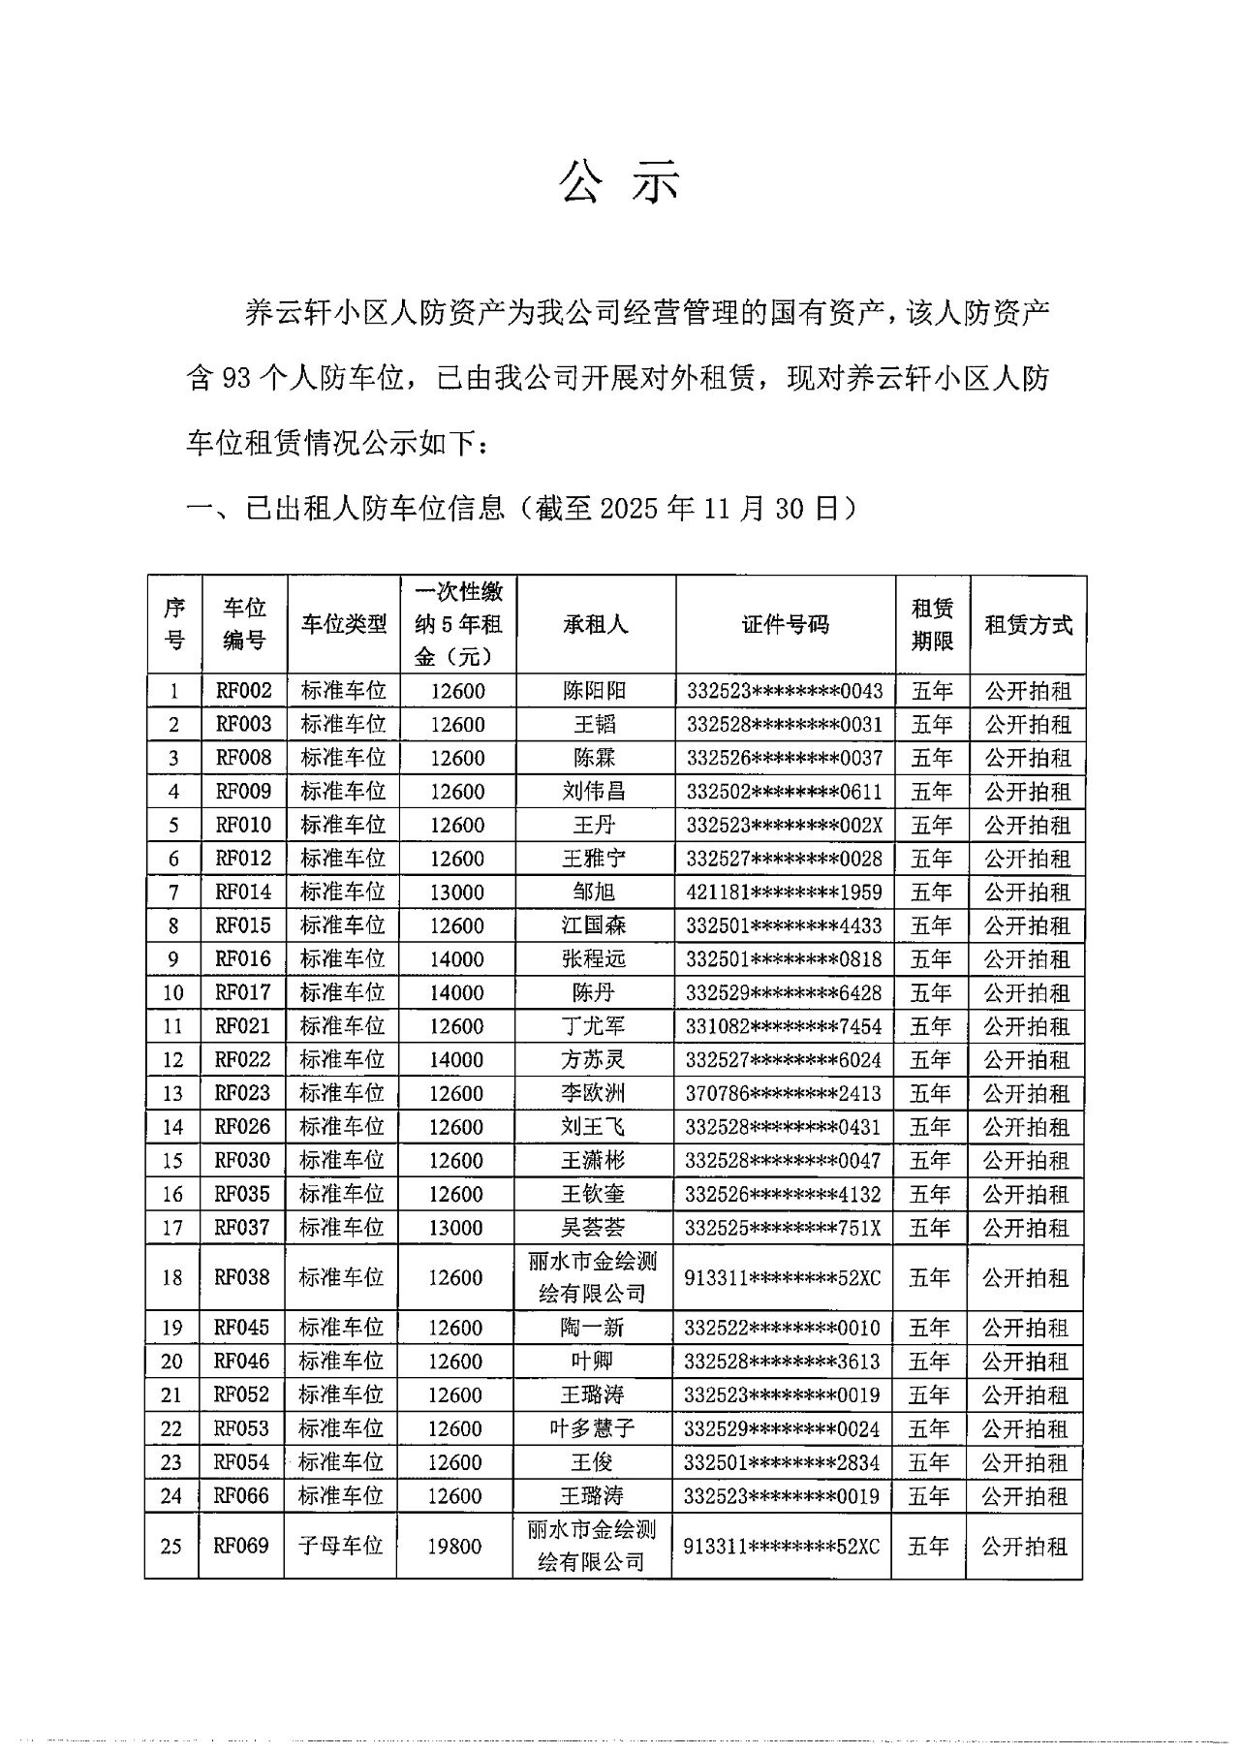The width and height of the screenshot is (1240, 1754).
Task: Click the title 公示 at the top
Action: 620,181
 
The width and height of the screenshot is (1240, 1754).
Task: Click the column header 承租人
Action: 595,624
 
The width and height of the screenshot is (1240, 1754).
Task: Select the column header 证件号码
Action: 785,624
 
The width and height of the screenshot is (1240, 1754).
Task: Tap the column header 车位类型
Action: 343,624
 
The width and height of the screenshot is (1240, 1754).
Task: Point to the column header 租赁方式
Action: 1028,624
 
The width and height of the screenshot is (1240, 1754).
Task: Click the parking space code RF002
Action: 244,691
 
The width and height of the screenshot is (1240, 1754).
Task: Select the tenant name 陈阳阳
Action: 595,691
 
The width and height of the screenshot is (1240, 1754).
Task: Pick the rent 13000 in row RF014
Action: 457,892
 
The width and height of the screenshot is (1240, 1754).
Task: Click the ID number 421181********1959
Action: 784,892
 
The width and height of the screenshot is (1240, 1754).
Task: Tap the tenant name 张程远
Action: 594,958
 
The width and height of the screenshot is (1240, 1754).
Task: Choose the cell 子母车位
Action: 341,1545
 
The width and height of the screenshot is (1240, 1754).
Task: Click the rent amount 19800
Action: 455,1545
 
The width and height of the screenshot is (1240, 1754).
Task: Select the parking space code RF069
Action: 241,1545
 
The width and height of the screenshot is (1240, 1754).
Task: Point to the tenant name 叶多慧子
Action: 593,1428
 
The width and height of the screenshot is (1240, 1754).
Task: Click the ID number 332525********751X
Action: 783,1227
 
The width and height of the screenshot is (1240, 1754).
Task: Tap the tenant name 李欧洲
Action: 594,1093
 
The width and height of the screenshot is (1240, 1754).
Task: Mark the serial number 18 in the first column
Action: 172,1277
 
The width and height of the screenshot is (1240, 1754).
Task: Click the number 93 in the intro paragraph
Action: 237,379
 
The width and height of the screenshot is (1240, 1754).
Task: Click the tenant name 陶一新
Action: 593,1328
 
